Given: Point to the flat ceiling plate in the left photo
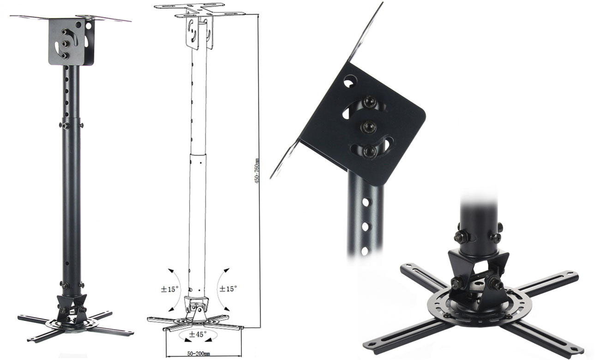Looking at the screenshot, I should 69,18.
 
